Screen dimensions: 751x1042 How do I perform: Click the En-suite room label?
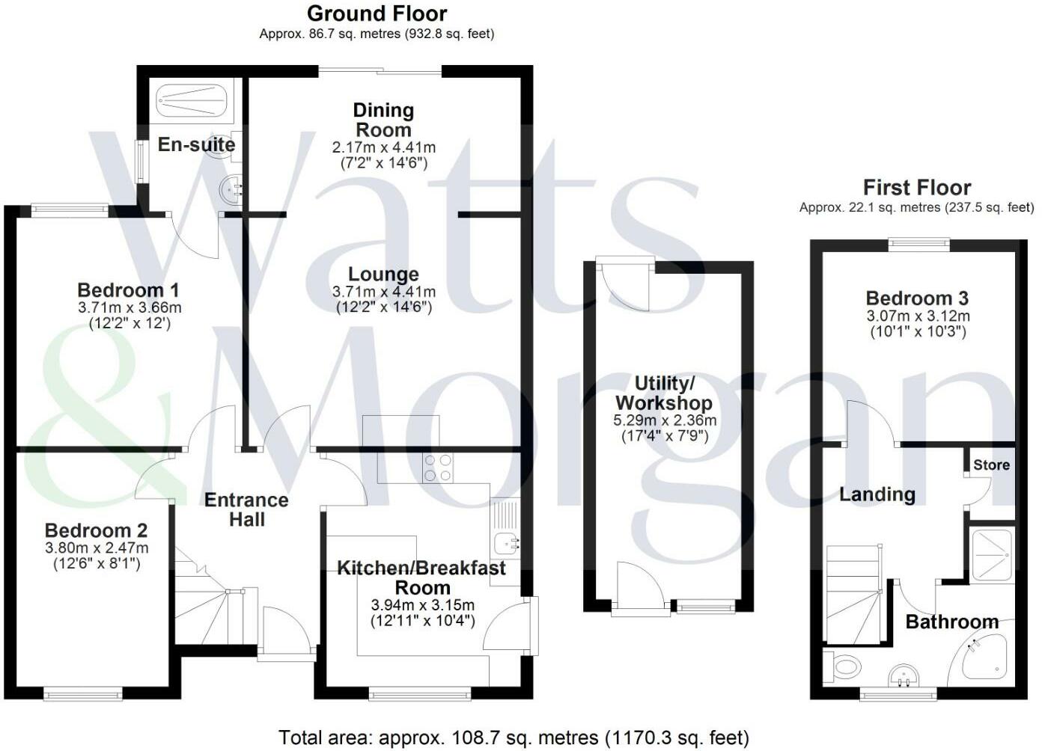click(196, 144)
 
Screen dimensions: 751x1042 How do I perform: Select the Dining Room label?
click(383, 120)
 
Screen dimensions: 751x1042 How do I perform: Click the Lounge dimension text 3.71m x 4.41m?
click(383, 292)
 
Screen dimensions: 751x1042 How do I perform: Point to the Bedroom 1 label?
click(128, 290)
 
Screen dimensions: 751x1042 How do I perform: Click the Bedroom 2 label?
click(96, 531)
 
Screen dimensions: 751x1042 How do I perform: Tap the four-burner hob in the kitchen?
click(438, 468)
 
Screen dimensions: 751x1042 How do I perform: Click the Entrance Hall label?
click(246, 509)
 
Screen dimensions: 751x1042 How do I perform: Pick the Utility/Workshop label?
click(664, 393)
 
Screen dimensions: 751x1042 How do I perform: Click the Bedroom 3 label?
click(917, 298)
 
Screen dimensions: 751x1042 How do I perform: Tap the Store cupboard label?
click(991, 465)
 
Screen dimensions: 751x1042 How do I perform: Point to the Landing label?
click(877, 494)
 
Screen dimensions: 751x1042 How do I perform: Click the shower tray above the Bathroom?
click(991, 554)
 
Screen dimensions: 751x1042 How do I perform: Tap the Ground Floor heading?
click(377, 13)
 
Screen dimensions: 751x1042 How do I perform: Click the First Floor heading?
click(916, 187)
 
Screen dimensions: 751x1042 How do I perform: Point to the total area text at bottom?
click(514, 738)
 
